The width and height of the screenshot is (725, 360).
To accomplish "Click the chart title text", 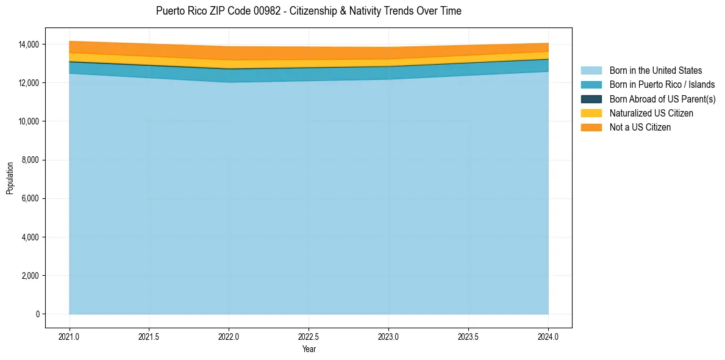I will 309,11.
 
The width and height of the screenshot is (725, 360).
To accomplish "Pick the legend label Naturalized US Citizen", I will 651,113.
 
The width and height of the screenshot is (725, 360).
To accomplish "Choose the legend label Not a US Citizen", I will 640,127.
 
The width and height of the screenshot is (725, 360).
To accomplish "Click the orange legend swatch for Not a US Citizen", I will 591,127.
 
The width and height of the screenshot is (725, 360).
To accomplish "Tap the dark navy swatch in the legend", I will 591,99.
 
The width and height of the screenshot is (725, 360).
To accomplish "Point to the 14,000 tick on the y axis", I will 29,45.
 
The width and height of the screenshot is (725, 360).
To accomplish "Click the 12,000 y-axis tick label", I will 29,83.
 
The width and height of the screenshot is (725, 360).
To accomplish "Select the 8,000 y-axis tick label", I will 30,160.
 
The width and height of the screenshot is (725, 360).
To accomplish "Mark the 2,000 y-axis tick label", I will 30,276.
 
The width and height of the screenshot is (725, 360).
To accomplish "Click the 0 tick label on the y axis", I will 37,314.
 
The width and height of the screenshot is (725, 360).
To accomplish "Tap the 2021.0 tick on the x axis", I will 70,336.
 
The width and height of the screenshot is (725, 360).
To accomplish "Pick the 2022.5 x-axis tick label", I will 309,336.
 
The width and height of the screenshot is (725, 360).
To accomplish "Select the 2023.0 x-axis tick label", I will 388,336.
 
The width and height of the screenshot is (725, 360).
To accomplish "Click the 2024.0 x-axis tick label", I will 548,336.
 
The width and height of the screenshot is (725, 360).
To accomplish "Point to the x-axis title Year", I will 309,349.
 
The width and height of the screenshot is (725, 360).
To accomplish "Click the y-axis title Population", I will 10,178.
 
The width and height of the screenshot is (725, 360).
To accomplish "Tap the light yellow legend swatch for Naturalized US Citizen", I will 591,113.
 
